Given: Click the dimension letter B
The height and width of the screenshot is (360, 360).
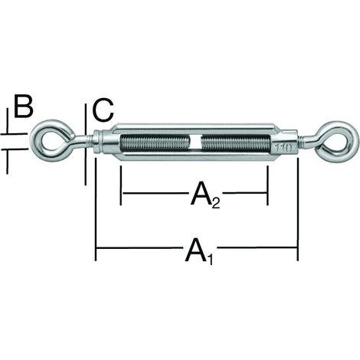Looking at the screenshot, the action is pyautogui.click(x=24, y=106).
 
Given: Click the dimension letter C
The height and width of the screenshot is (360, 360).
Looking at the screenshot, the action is pyautogui.click(x=103, y=110).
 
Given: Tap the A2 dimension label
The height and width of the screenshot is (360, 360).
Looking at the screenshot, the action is pyautogui.click(x=205, y=195).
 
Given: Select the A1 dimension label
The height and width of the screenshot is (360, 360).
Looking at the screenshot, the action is pyautogui.click(x=199, y=250).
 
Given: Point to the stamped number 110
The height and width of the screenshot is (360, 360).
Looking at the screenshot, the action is pyautogui.click(x=283, y=148).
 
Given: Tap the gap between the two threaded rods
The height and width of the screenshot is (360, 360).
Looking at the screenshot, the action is pyautogui.click(x=195, y=142).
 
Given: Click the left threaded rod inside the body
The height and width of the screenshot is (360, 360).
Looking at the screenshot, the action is pyautogui.click(x=155, y=142).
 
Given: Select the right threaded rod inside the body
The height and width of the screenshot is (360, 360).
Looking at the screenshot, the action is pyautogui.click(x=235, y=142).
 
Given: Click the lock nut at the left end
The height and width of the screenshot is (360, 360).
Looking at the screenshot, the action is pyautogui.click(x=98, y=142).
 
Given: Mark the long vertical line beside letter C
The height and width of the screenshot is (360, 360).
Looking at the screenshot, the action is pyautogui.click(x=85, y=144).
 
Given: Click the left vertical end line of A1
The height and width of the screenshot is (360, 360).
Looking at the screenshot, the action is pyautogui.click(x=96, y=209).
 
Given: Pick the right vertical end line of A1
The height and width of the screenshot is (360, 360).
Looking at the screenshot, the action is pyautogui.click(x=298, y=209).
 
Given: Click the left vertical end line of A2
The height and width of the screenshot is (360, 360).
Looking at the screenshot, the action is pyautogui.click(x=121, y=185).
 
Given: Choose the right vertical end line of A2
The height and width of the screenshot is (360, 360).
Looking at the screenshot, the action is pyautogui.click(x=267, y=185).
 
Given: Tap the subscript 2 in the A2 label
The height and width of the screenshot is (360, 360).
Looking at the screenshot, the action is pyautogui.click(x=216, y=204).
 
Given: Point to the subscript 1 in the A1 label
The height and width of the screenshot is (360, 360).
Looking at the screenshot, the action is pyautogui.click(x=210, y=260).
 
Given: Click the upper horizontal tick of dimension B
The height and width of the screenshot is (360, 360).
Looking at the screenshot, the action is pyautogui.click(x=14, y=133).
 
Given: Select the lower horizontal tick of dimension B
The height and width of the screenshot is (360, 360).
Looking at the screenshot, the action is pyautogui.click(x=14, y=149).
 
